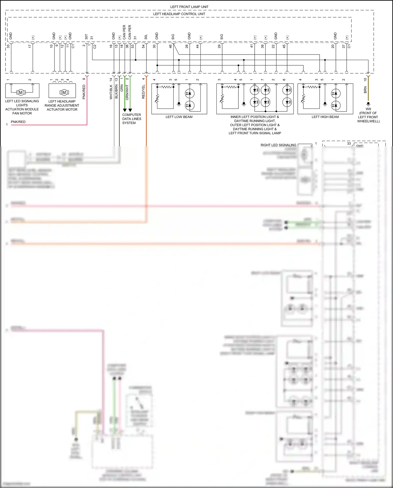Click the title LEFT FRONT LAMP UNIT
189,7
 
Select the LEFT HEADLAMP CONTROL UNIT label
179,14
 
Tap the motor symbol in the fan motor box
21,92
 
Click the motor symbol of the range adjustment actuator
64,92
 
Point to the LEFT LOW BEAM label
179,117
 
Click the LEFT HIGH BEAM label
325,117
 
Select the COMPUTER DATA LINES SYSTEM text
132,119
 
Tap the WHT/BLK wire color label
111,92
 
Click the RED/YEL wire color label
143,92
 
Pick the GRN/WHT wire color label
127,92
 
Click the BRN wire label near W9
365,90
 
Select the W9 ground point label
368,109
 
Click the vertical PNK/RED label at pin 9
84,92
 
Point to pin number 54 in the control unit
143,46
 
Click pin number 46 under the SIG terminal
170,46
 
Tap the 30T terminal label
86,37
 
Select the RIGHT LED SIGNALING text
278,145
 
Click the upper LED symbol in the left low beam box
189,93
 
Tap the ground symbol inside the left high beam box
325,104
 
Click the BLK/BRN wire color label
116,92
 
